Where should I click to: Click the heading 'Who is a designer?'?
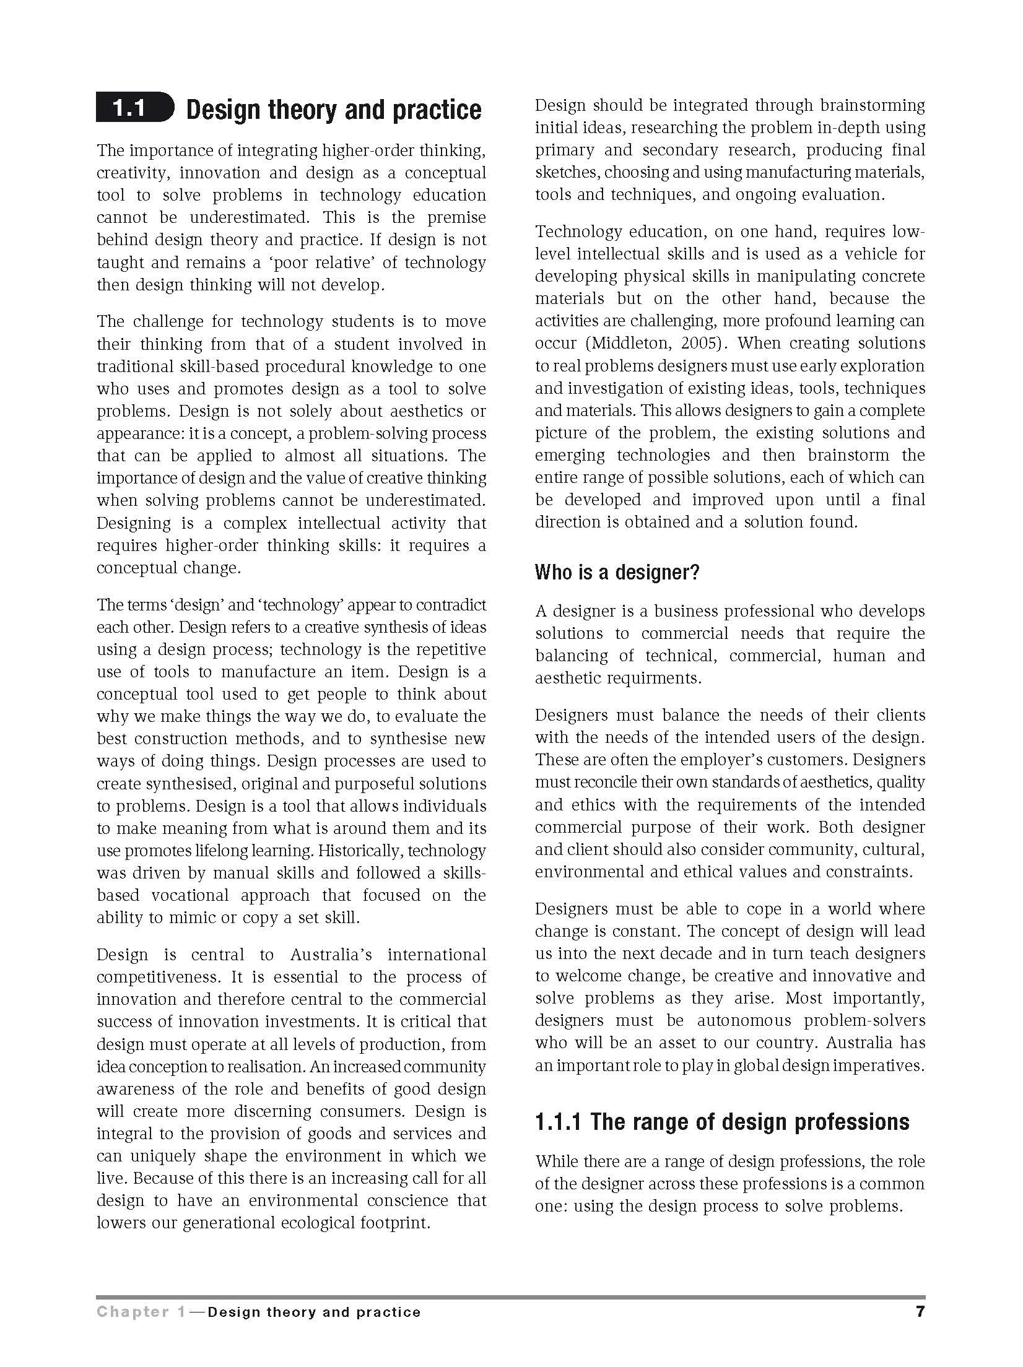tap(616, 572)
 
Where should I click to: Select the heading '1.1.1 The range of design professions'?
tap(722, 1121)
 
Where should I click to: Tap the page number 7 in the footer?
tap(920, 1311)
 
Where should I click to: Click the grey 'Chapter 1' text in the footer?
tap(140, 1312)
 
